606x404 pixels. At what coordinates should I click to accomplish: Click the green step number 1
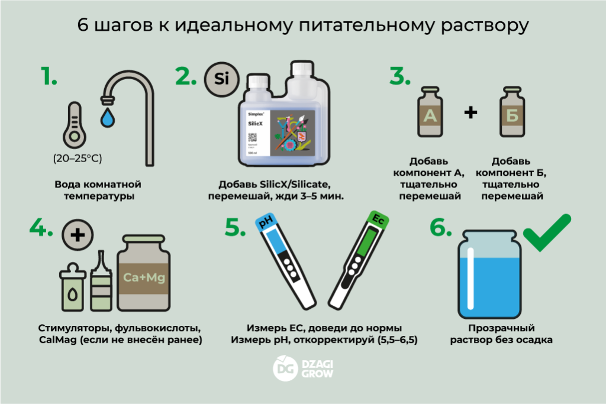49,76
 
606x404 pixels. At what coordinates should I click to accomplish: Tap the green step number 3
400,76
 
